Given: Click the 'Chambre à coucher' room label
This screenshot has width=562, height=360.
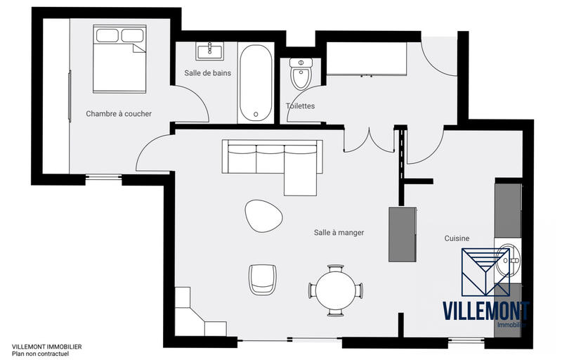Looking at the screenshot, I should coord(119,113).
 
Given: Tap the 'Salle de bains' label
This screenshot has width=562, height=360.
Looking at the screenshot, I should coord(207,72).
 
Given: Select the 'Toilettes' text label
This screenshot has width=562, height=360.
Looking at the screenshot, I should coord(300,106).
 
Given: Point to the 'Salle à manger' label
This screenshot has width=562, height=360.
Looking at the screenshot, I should coord(339,232).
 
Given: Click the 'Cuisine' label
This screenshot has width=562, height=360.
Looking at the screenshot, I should coord(457,238).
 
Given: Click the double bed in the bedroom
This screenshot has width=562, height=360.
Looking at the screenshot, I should coord(119,59).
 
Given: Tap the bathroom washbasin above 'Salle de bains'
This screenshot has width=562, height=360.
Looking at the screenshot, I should coord(209,51).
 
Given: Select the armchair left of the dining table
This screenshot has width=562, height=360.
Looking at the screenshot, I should coord(263,279).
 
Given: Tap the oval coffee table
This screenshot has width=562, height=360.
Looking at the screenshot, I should coord(263,215).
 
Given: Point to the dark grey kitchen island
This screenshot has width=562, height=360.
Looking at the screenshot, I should coord(403,234).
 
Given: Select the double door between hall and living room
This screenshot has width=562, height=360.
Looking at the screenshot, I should coord(369,141).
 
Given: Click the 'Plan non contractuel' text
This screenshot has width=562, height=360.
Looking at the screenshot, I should coord(41,354).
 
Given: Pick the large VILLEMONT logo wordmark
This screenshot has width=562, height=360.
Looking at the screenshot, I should coord(485,310).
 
